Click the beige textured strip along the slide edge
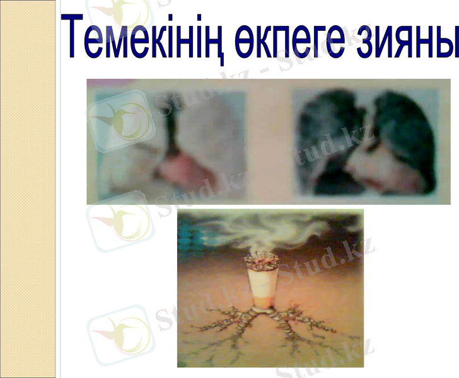point(28,189)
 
